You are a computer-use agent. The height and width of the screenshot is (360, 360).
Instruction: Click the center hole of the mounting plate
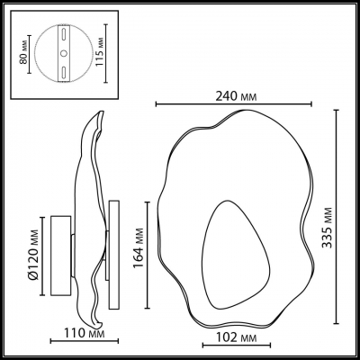pyautogui.click(x=64, y=57)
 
